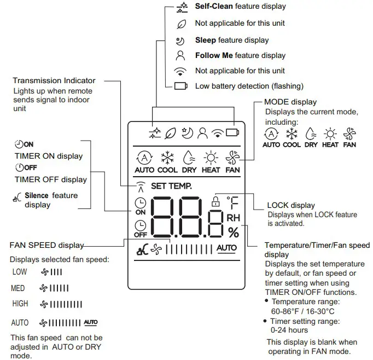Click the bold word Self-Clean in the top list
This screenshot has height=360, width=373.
(x=214, y=7)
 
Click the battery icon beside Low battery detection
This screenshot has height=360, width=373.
(x=180, y=86)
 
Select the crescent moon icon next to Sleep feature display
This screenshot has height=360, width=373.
(x=180, y=40)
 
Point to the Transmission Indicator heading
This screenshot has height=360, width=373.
(x=54, y=80)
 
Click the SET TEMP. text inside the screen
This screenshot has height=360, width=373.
(x=171, y=186)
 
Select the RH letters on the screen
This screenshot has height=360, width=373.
(x=234, y=218)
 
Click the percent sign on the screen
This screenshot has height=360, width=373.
(x=234, y=233)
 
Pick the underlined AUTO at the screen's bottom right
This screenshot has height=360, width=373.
(x=226, y=248)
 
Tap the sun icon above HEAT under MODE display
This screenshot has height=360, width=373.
(x=330, y=134)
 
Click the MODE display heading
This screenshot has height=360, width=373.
(x=290, y=102)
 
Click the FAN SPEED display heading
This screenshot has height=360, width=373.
(x=47, y=245)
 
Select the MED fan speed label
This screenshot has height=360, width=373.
(x=18, y=288)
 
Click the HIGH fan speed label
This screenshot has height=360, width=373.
(x=20, y=304)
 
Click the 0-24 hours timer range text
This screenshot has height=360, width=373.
(x=289, y=330)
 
